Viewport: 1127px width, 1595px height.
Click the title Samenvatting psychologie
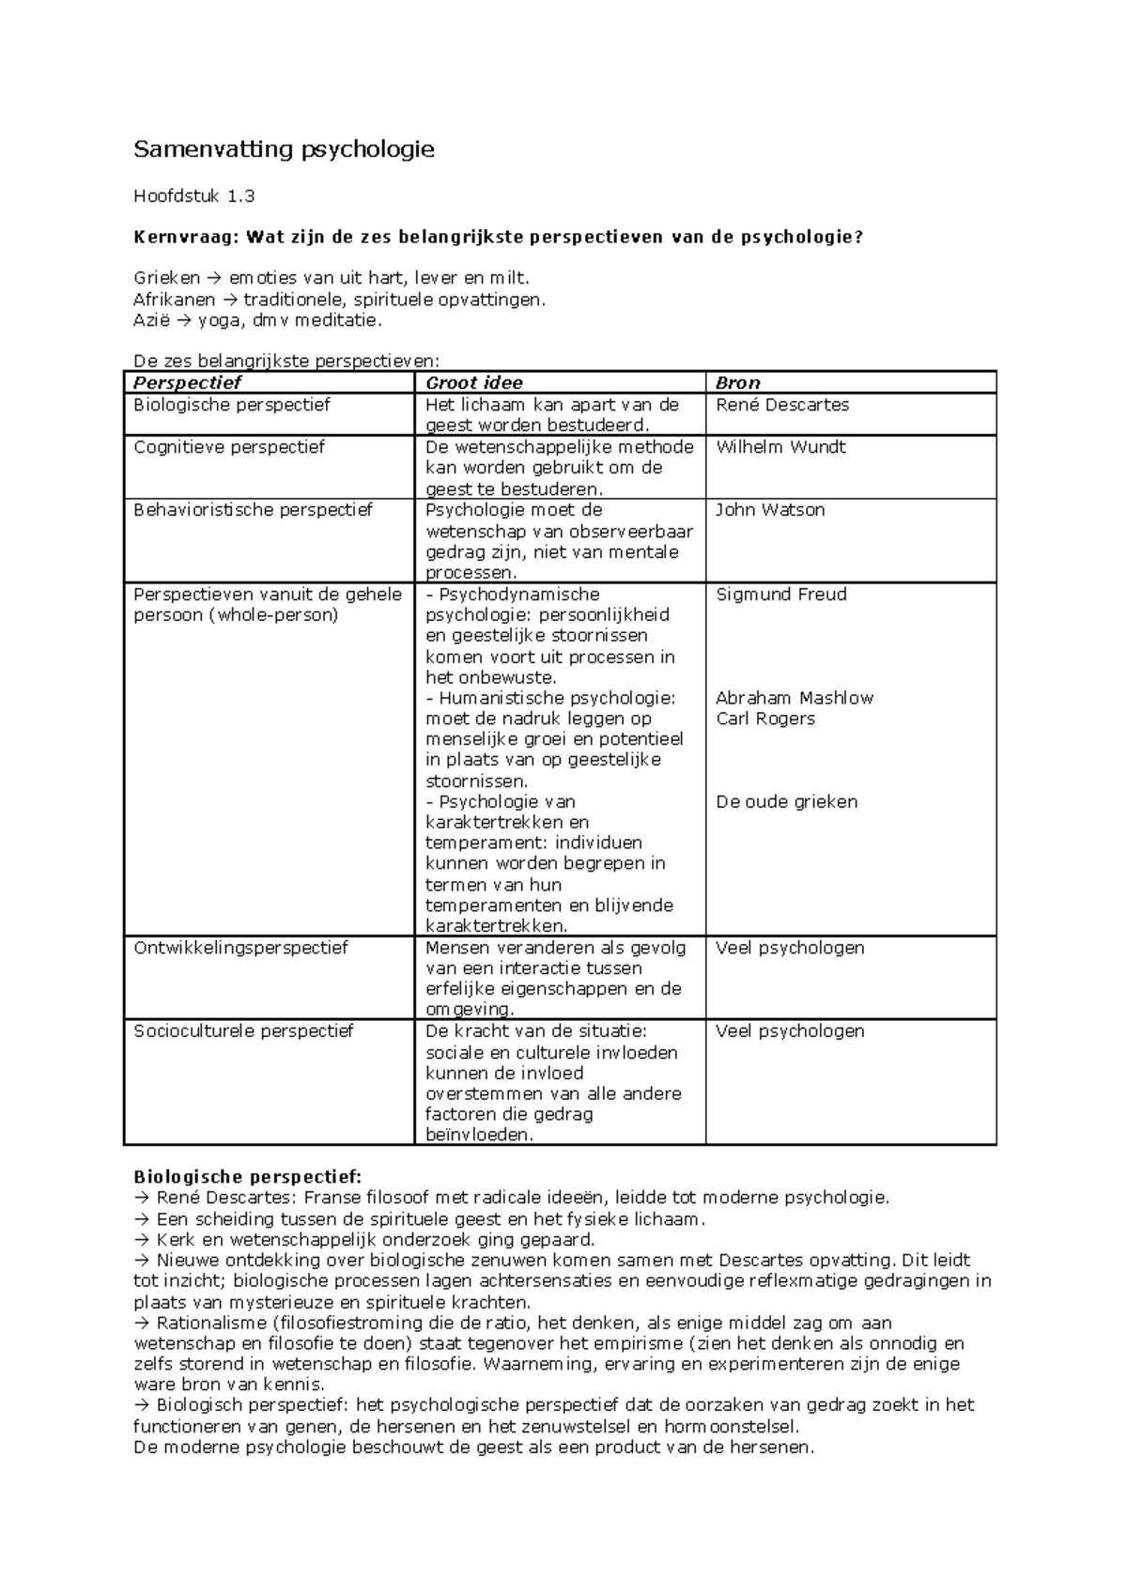click(x=284, y=149)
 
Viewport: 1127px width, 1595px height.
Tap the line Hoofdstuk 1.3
click(x=194, y=196)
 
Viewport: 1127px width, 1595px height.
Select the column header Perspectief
click(x=187, y=382)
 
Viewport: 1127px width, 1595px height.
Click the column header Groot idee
click(x=474, y=382)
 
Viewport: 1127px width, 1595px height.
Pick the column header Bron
click(x=738, y=382)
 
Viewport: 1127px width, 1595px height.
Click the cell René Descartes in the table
click(x=782, y=405)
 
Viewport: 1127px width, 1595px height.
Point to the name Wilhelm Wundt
click(x=780, y=447)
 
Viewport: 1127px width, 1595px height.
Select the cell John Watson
click(x=770, y=510)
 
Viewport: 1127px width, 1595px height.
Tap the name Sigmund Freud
click(x=781, y=595)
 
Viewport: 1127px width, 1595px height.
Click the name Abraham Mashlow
click(x=795, y=698)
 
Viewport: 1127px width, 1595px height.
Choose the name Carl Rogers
click(x=765, y=719)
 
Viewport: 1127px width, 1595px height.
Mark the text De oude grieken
click(x=787, y=802)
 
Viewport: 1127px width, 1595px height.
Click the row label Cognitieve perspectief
click(x=229, y=447)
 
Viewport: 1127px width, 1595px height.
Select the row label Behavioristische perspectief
click(x=254, y=510)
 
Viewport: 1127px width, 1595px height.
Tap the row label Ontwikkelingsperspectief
click(x=241, y=948)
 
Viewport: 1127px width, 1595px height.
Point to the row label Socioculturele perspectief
click(x=243, y=1031)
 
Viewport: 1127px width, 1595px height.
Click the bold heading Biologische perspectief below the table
click(x=247, y=1177)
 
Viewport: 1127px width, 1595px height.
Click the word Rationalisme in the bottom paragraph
click(x=206, y=1323)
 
